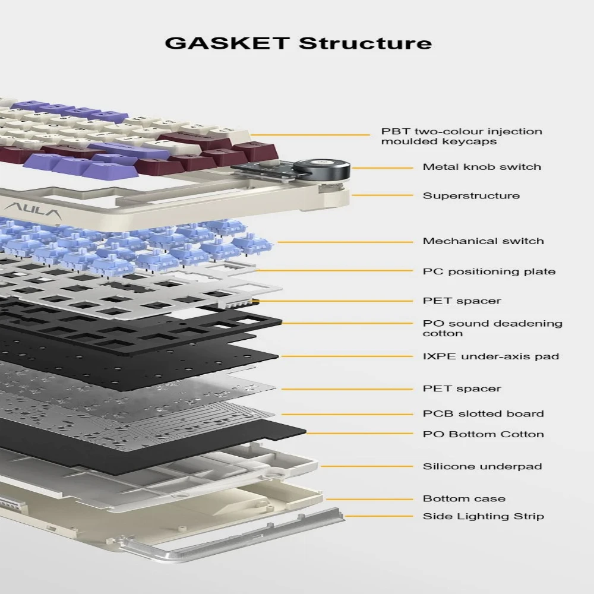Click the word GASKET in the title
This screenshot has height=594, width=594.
(228, 43)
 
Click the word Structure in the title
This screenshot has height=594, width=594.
(365, 43)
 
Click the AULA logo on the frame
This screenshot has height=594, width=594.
(33, 210)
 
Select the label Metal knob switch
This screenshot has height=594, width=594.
(482, 167)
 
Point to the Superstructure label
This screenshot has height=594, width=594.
(471, 195)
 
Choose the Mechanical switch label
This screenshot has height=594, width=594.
(484, 241)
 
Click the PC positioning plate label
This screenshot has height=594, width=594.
(489, 271)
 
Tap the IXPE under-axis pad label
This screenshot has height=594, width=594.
(491, 356)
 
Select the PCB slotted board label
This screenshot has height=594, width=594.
(484, 413)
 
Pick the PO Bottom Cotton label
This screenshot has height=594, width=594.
(484, 434)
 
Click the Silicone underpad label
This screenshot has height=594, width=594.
(482, 466)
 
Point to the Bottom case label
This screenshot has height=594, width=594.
(464, 498)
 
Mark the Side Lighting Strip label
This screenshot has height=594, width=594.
(484, 516)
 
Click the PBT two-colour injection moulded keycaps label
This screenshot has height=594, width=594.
(462, 137)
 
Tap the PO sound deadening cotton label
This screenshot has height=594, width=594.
(492, 328)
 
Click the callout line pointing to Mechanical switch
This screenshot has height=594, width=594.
(345, 242)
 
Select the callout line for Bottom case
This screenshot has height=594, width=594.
(369, 500)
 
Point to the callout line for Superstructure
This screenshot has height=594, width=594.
(382, 195)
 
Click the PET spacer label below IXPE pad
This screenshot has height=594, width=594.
(462, 388)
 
